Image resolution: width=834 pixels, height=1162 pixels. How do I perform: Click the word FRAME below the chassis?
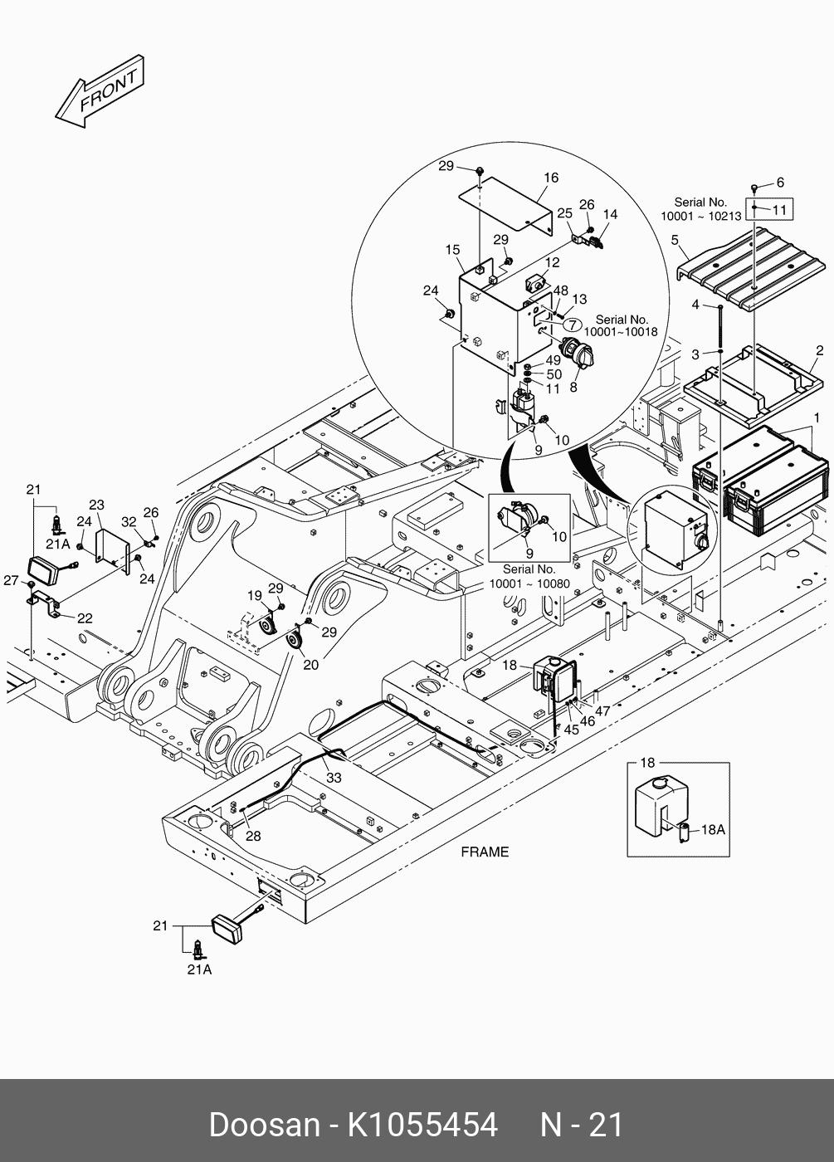coord(485,852)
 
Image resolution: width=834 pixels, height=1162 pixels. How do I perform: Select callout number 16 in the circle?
coord(551,178)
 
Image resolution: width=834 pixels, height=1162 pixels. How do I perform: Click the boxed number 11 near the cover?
coord(778,209)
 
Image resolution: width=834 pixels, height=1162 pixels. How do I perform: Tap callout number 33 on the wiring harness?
coord(334,778)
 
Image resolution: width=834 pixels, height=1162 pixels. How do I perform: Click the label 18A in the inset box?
coord(714,828)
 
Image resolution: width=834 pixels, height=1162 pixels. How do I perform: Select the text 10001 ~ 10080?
coord(529,583)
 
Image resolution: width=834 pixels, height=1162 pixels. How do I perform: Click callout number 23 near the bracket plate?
coord(96,505)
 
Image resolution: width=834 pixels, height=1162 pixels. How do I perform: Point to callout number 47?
coord(602,710)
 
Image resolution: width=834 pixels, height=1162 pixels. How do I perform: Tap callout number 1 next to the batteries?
coord(816,415)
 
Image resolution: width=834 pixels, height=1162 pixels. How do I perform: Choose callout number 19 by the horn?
coord(254,595)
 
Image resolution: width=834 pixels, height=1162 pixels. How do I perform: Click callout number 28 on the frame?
coord(252,836)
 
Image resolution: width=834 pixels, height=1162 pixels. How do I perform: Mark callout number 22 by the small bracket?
coord(85,618)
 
